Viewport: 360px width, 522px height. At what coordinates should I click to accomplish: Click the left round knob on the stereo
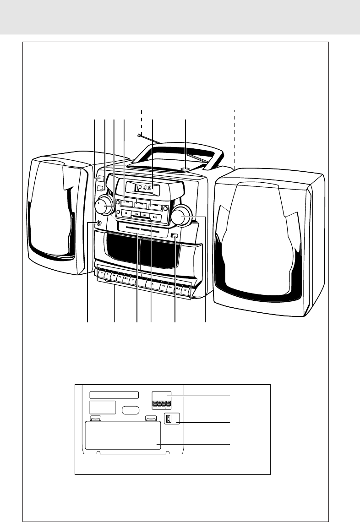click(x=104, y=206)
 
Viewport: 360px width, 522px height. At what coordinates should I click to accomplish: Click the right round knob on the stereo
click(x=181, y=216)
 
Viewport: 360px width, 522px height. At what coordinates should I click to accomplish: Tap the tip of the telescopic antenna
click(x=139, y=136)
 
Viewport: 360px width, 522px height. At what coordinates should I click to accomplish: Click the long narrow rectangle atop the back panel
click(x=114, y=395)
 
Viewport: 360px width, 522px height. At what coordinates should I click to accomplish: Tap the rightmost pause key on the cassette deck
click(x=185, y=290)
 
